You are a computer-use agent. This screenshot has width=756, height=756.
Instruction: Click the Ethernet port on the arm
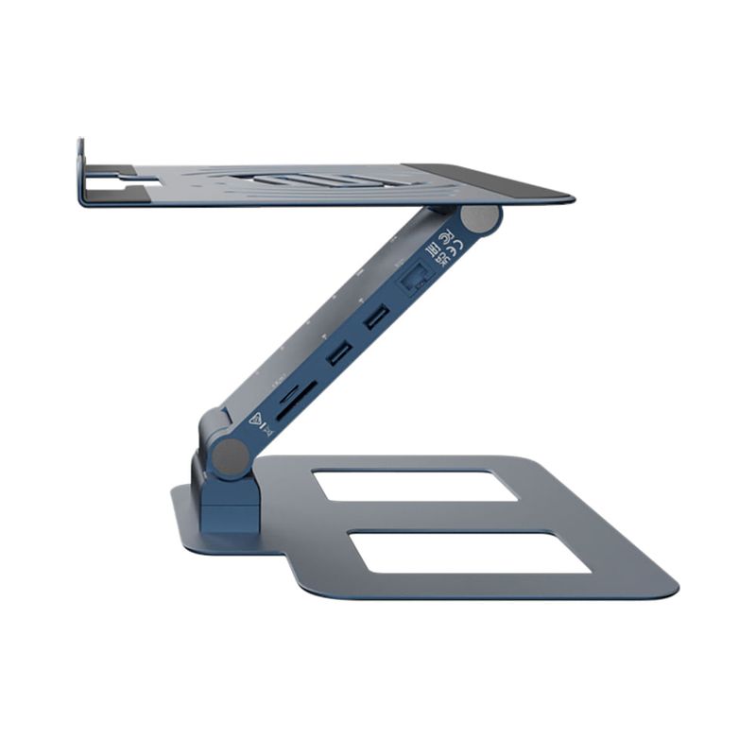click(414, 279)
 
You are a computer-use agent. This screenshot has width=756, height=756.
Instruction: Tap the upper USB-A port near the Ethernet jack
click(374, 318)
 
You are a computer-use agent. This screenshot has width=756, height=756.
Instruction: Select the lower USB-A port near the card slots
click(338, 353)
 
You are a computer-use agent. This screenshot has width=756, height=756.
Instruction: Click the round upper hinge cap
click(482, 219)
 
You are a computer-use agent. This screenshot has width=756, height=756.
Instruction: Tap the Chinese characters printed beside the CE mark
click(436, 255)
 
